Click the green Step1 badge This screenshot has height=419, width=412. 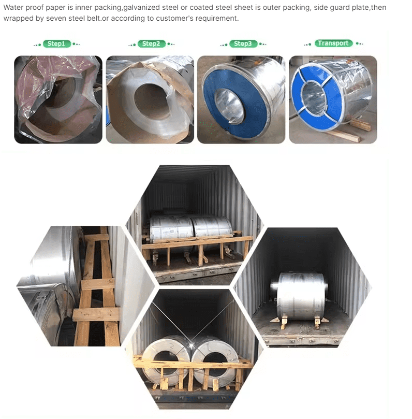[x=56, y=44]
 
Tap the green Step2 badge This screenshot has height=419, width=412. [x=152, y=44]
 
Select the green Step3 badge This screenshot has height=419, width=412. [x=243, y=44]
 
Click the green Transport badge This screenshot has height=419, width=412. [x=333, y=44]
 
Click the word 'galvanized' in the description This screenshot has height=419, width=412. [x=141, y=7]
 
